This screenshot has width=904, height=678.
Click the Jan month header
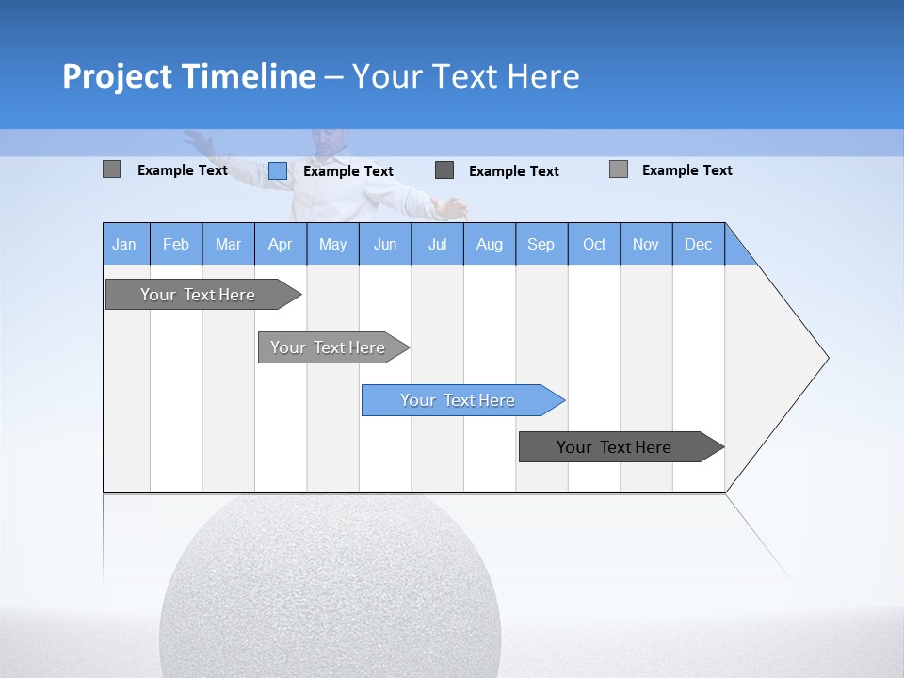(124, 245)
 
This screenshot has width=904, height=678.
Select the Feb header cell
(176, 245)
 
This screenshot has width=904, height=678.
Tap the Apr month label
(280, 245)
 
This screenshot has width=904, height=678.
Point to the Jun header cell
(385, 245)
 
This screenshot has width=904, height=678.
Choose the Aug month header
(489, 245)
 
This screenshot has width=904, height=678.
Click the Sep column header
(541, 245)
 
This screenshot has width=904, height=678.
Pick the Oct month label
(594, 245)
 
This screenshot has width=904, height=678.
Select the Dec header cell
(698, 245)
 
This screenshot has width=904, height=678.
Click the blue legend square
(278, 170)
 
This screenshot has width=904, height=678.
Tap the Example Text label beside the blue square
(347, 171)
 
